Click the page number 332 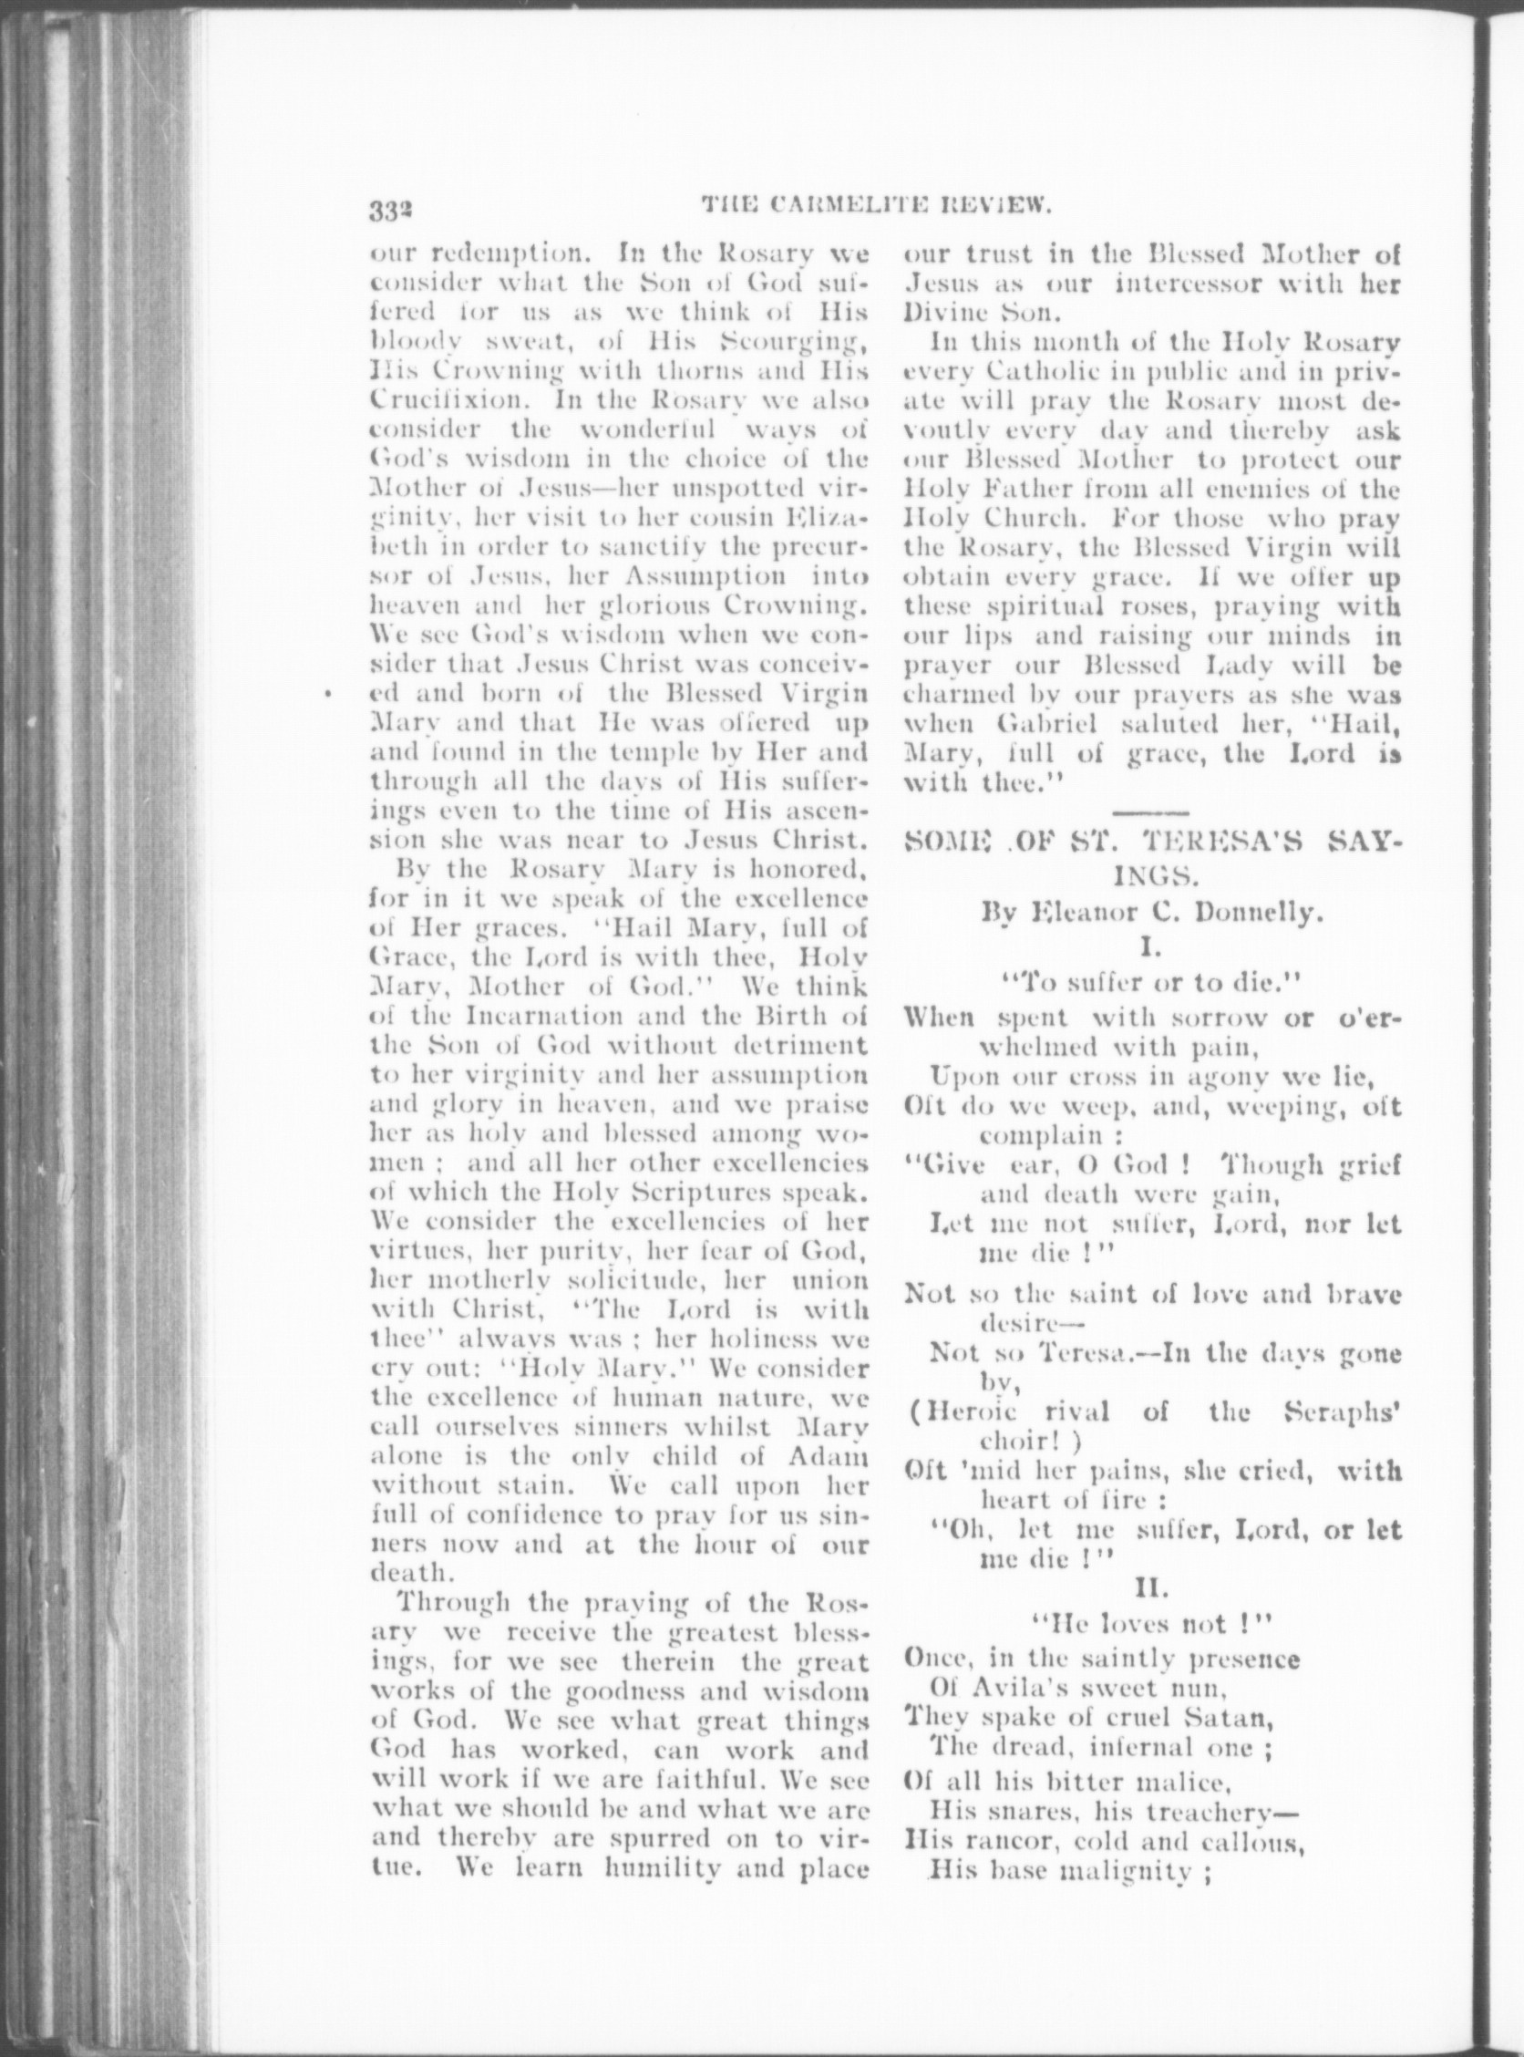390,211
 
